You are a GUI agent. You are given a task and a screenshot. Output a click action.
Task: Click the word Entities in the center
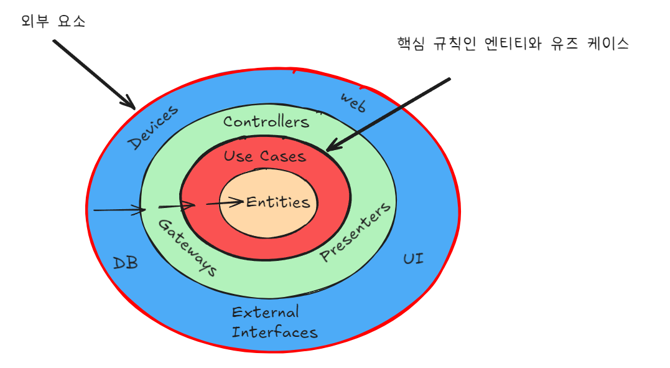click(278, 202)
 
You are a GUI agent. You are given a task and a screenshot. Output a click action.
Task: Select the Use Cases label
click(265, 156)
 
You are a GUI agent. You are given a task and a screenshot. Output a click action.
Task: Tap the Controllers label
click(266, 121)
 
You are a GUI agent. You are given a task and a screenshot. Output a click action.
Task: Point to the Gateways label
click(187, 248)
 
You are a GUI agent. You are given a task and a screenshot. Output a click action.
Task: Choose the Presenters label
click(356, 232)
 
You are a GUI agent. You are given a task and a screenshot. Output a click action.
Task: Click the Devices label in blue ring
click(153, 128)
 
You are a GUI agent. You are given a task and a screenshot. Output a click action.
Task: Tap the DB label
click(125, 263)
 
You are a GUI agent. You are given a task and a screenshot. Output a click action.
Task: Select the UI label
click(413, 258)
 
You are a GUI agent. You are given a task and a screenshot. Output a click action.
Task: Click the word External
click(265, 312)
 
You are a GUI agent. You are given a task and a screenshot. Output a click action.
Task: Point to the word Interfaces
click(274, 332)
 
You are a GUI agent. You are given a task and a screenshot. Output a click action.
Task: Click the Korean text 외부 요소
click(53, 21)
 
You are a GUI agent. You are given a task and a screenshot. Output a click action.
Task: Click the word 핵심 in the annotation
click(410, 44)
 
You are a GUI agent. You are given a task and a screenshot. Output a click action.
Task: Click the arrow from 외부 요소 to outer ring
click(93, 73)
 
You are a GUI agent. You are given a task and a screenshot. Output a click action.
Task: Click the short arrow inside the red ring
click(177, 205)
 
